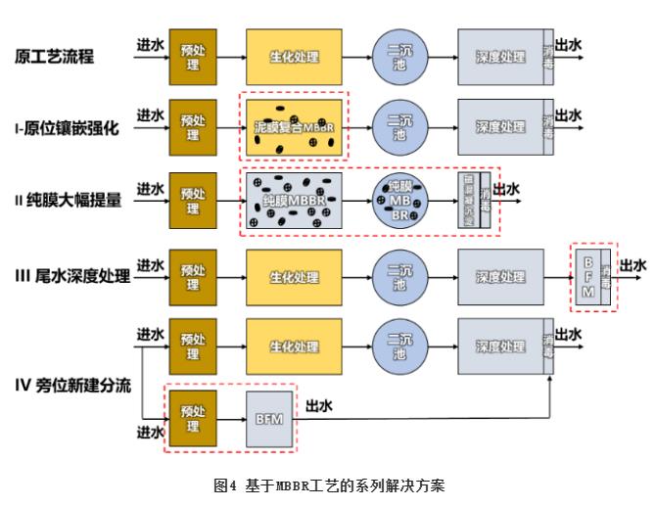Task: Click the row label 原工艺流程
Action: click(55, 56)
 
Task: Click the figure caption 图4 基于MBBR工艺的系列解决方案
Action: click(328, 484)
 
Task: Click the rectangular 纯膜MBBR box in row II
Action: click(294, 199)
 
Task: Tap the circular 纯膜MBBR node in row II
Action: click(399, 199)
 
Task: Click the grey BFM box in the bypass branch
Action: click(268, 419)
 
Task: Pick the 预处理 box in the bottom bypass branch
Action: click(192, 419)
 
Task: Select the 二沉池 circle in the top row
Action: click(399, 56)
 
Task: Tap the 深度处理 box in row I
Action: click(500, 127)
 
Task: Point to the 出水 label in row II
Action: click(506, 189)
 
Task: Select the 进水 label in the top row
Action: click(150, 44)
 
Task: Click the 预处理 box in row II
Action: click(192, 199)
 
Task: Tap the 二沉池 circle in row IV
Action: click(399, 346)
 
